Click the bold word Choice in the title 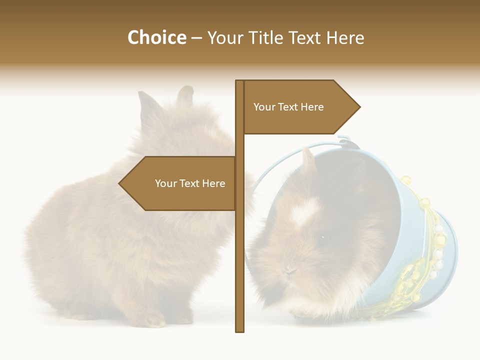(x=156, y=37)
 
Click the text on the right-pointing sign (x=288, y=107)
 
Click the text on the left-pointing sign (x=190, y=183)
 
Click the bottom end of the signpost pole (x=240, y=330)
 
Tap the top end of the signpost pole (x=240, y=81)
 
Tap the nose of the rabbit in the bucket (x=289, y=270)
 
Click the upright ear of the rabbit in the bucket (x=308, y=160)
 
